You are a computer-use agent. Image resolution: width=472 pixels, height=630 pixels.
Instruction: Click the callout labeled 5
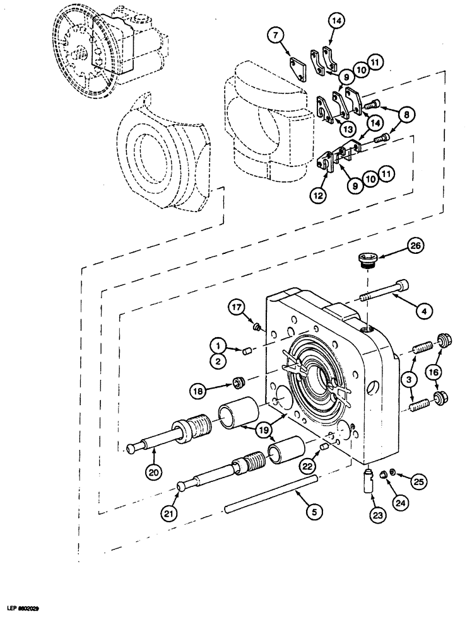point(310,512)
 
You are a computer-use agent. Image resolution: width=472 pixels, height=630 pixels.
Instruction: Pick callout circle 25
point(418,480)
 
